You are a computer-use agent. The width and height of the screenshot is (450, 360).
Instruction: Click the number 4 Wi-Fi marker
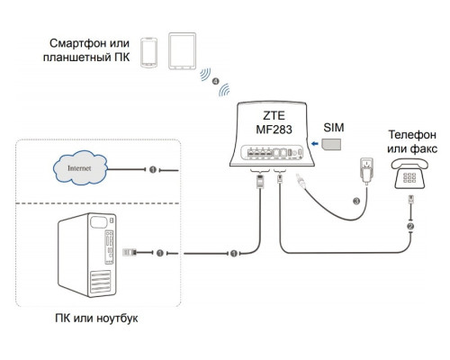[215, 82]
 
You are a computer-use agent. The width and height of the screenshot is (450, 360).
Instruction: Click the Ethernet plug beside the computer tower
[130, 254]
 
